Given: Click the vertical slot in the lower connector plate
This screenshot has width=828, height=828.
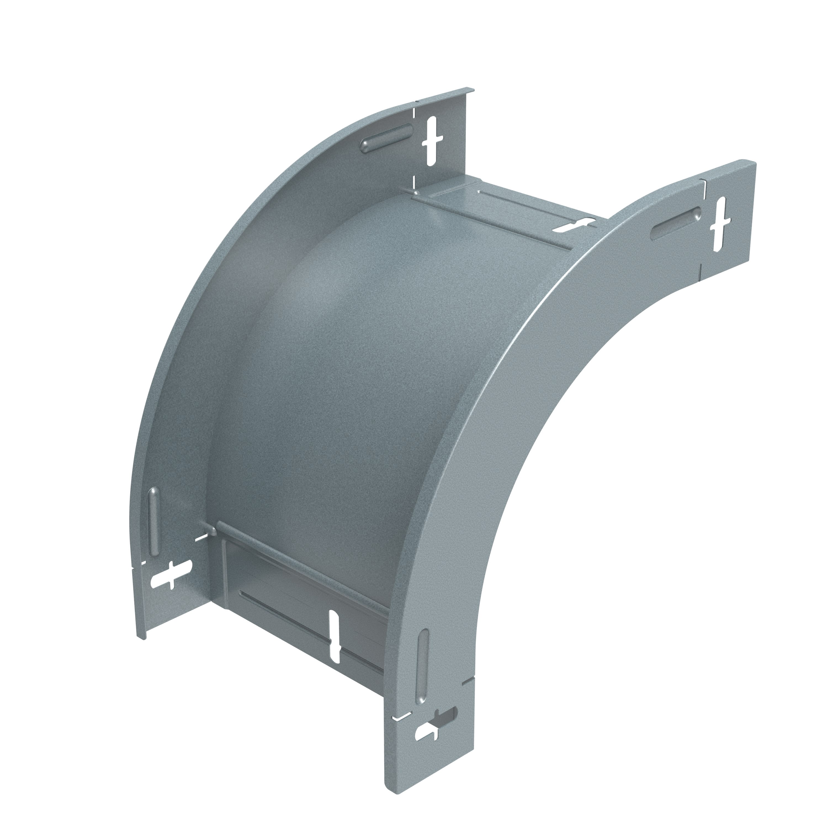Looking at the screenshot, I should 334,637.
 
